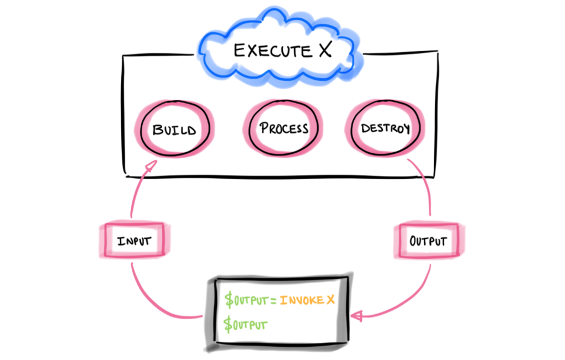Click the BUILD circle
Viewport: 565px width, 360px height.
174,130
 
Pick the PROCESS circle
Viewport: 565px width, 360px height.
284,128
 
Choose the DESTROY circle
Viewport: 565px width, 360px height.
385,129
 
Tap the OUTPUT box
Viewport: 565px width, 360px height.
428,241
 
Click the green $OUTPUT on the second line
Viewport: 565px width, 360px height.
246,325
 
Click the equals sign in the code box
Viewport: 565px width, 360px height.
275,300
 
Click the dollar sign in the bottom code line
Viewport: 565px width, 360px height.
228,325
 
